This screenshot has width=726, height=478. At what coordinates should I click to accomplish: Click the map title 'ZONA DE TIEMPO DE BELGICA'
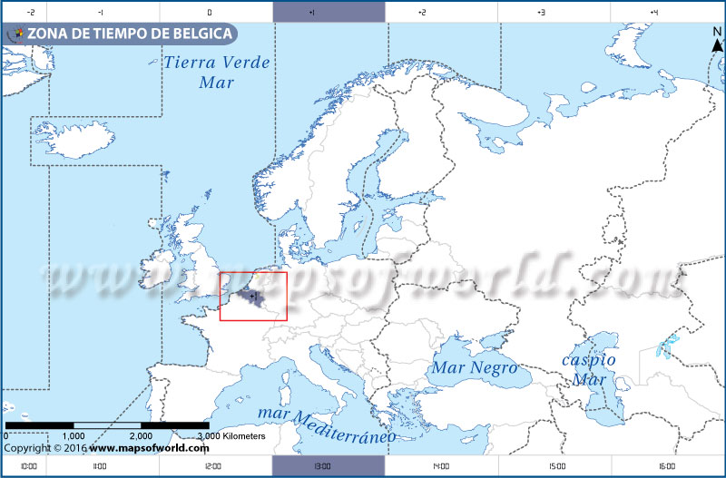coord(131,34)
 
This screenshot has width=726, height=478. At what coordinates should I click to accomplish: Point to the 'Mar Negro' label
coord(474,368)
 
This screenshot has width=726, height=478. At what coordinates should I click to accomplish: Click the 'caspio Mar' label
coord(588,369)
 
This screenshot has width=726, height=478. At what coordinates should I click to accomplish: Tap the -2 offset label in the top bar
coord(32,13)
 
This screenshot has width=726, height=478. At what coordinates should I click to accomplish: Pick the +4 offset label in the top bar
coord(654,13)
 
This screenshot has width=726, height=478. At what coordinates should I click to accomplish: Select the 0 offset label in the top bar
coord(210,13)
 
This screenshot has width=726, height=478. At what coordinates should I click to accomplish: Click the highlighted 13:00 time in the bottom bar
coord(328,466)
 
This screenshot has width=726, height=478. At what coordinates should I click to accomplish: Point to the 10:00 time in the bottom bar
coord(28,466)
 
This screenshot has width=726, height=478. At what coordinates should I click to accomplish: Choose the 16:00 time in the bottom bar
coord(666,466)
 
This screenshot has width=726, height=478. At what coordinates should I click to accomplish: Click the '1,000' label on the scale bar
coord(74,436)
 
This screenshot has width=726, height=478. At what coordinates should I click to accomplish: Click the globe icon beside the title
coord(15,34)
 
